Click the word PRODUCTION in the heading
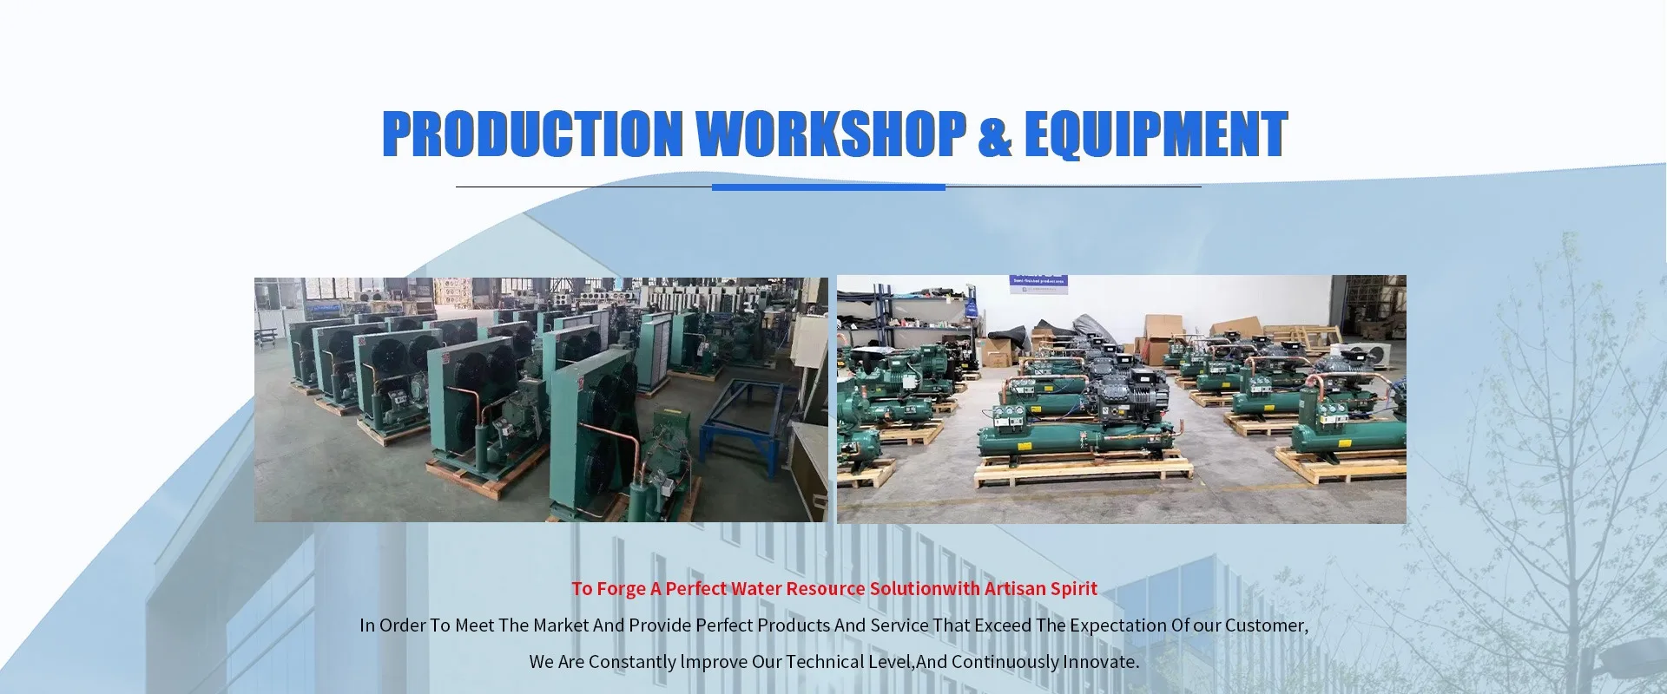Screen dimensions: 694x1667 (532, 134)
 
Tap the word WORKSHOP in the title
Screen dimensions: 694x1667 (832, 134)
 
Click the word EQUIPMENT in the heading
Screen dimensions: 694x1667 (1156, 134)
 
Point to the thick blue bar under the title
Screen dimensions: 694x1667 (828, 187)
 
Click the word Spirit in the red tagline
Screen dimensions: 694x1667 (1074, 589)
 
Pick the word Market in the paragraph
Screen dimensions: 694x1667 (561, 625)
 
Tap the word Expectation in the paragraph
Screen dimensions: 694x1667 (1117, 625)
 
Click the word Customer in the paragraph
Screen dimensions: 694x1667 (1265, 625)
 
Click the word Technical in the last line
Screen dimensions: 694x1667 (825, 662)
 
